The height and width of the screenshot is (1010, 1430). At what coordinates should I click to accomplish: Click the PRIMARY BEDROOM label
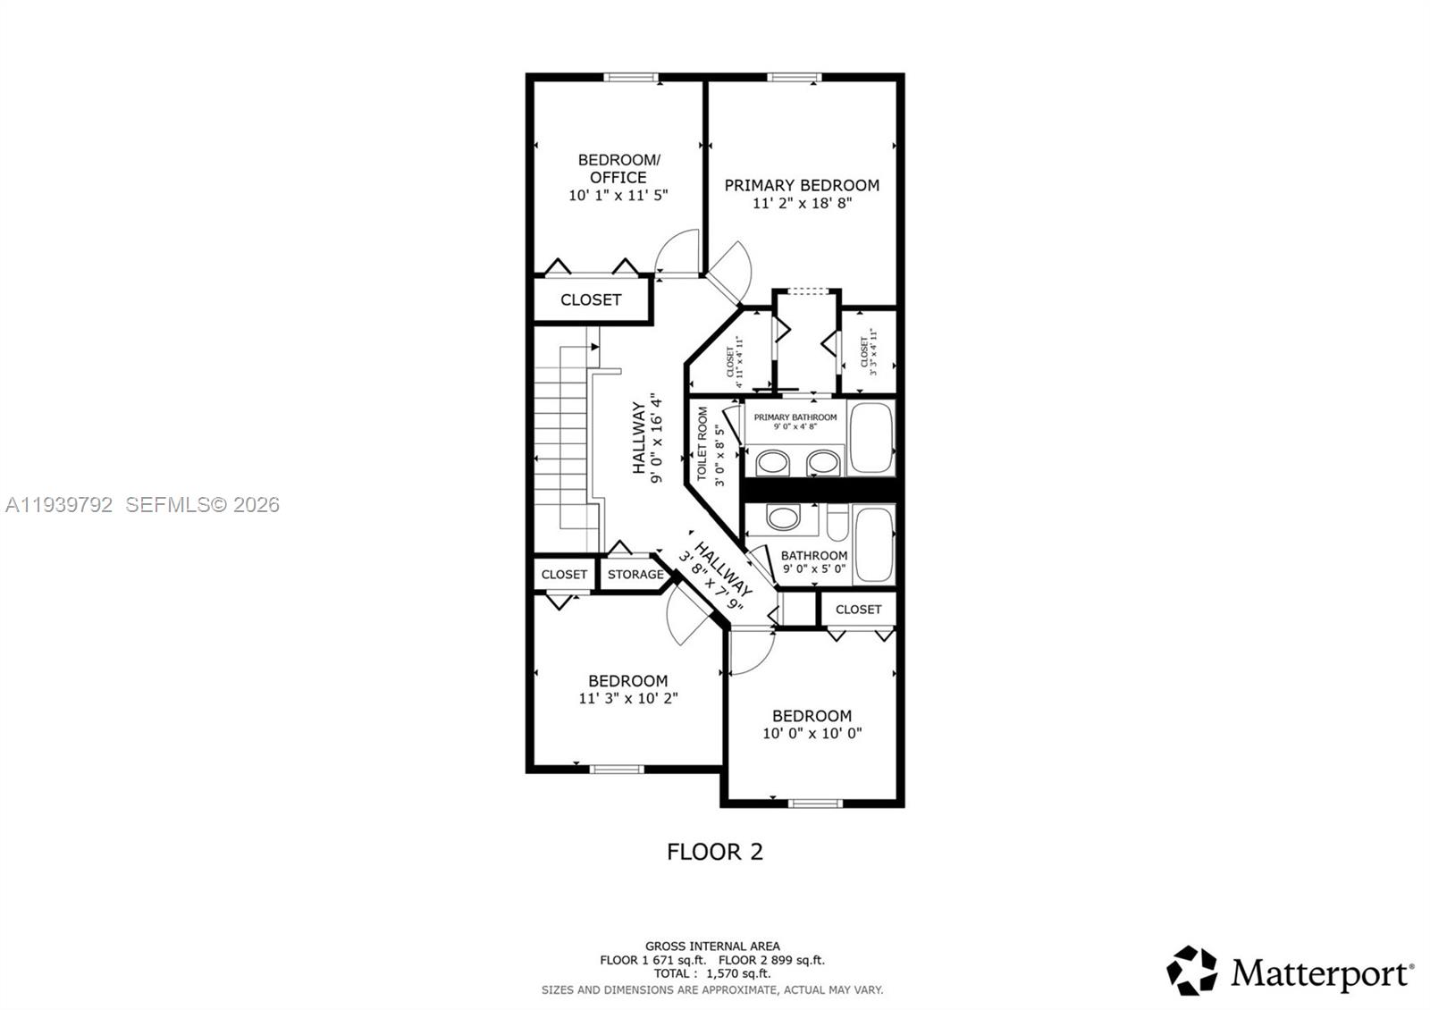(x=802, y=185)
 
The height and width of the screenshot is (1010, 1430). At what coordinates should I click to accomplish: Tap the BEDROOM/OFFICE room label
(x=618, y=168)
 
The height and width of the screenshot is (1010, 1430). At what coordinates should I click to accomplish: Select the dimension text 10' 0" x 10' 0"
(x=812, y=734)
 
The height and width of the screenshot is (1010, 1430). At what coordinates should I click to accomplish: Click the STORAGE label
(x=635, y=574)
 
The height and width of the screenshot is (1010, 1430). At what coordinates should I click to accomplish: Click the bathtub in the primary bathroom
(x=871, y=438)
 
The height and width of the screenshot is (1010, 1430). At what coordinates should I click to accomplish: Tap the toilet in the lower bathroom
(x=837, y=523)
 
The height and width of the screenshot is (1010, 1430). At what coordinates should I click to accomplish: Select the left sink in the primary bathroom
(x=771, y=462)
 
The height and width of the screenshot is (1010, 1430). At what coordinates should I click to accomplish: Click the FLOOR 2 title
(x=715, y=852)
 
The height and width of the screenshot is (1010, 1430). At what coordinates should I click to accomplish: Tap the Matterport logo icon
(x=1191, y=971)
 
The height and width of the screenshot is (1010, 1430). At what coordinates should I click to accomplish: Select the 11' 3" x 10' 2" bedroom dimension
(x=627, y=699)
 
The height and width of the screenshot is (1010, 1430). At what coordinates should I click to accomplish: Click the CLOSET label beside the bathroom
(x=858, y=609)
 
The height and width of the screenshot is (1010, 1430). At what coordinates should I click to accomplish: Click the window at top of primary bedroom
(x=794, y=78)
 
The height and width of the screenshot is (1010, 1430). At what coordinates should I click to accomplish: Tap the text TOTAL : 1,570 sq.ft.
(x=711, y=973)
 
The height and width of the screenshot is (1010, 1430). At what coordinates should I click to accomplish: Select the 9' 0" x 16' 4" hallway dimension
(x=658, y=438)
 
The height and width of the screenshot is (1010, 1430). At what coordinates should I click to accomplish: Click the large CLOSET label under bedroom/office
(x=590, y=299)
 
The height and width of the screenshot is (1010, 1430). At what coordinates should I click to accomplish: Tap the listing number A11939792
(x=59, y=505)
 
